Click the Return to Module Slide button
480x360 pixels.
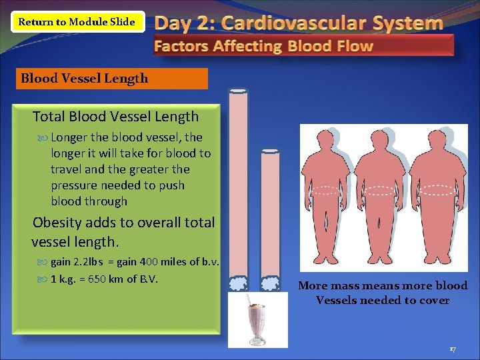(x=76, y=22)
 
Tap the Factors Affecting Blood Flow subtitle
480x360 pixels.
(x=263, y=47)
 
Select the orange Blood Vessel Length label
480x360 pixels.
(x=113, y=79)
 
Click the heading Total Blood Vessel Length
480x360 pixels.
(x=115, y=117)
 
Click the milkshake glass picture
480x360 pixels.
(x=257, y=320)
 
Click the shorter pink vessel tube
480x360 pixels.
(x=270, y=213)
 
